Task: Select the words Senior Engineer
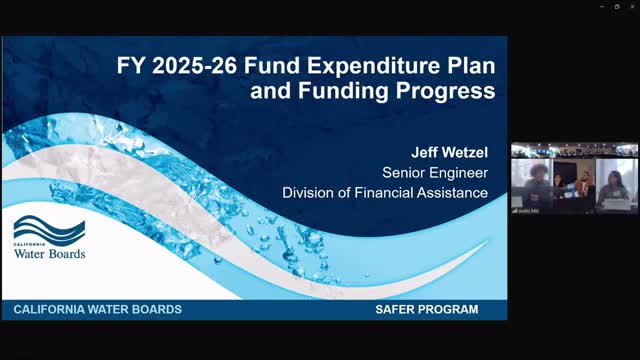point(436,172)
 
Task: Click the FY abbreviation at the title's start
point(128,68)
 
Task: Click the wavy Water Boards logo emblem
point(49,230)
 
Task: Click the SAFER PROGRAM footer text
point(419,310)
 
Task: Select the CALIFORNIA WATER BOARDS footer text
point(98,310)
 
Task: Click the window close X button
point(630,6)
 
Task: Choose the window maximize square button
point(616,6)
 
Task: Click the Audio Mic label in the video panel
point(527,210)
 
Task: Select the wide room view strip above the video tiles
point(574,150)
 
